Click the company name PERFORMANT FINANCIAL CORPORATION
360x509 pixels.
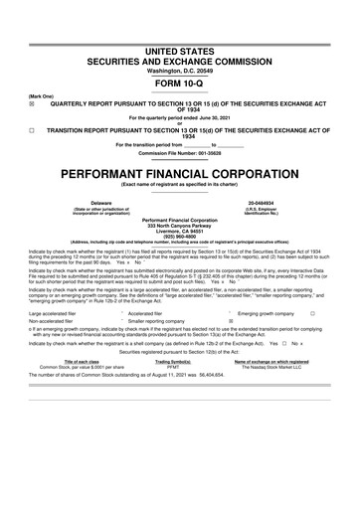(x=179, y=173)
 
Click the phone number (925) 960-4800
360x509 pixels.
(x=179, y=237)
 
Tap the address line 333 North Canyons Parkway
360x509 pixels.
(x=179, y=225)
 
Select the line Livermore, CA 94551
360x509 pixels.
(x=179, y=231)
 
